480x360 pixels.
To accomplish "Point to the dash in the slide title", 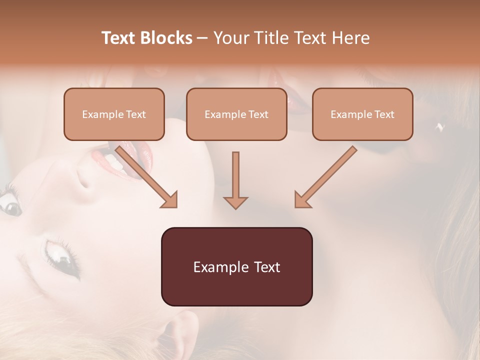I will coord(202,38).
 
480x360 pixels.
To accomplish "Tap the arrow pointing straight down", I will coord(235,180).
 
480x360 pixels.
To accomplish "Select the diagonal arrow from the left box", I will coord(145,175).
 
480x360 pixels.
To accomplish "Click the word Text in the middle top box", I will coord(258,114).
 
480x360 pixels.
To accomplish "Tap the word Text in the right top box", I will coord(384,114).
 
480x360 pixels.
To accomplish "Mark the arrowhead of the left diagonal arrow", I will coord(170,200).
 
